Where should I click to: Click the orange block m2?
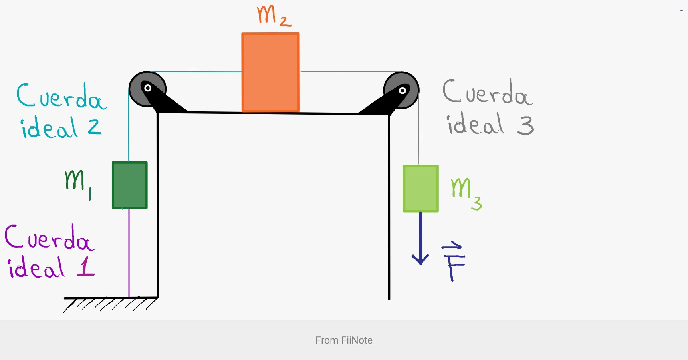pyautogui.click(x=270, y=72)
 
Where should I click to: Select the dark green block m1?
pyautogui.click(x=130, y=185)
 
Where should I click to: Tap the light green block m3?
pyautogui.click(x=421, y=188)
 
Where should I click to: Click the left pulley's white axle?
pyautogui.click(x=148, y=88)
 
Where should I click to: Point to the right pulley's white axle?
pyautogui.click(x=402, y=90)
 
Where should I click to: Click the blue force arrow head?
pyautogui.click(x=420, y=260)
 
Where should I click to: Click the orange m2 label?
pyautogui.click(x=274, y=16)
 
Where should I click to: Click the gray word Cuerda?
pyautogui.click(x=487, y=93)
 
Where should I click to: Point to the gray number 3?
pyautogui.click(x=525, y=125)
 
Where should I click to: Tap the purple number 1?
pyautogui.click(x=86, y=267)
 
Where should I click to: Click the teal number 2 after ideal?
pyautogui.click(x=95, y=127)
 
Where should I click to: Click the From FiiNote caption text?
pyautogui.click(x=344, y=340)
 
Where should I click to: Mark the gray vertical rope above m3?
pyautogui.click(x=418, y=132)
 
